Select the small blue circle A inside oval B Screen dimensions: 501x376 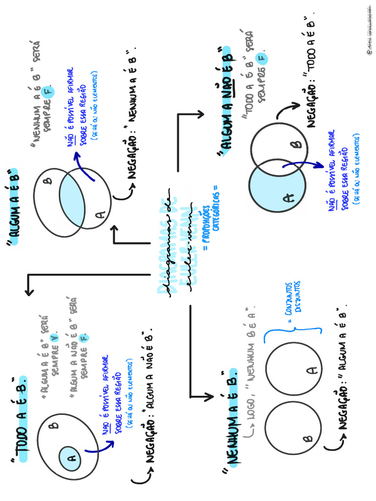[x=69, y=457]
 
